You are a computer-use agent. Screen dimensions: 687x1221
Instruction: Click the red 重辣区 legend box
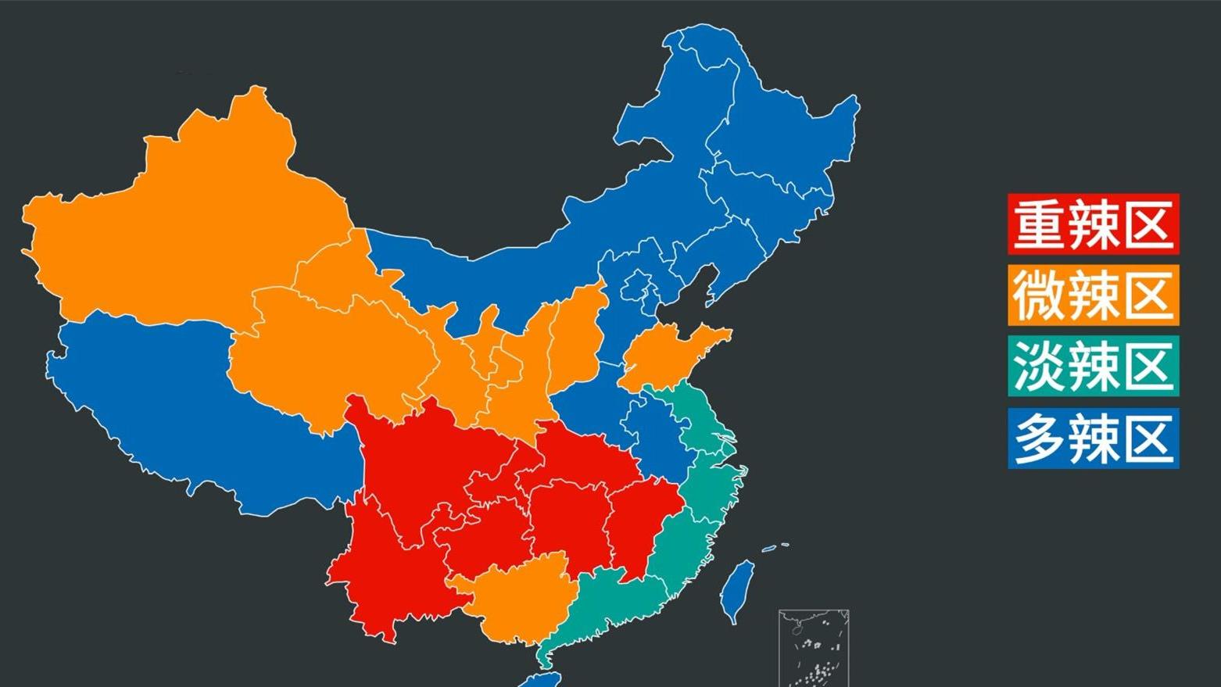[1093, 224]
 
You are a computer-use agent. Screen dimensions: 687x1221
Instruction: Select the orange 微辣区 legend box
[1093, 295]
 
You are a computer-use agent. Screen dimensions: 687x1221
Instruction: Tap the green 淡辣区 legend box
[1093, 367]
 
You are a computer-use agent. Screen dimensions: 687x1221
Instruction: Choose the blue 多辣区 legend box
[1093, 438]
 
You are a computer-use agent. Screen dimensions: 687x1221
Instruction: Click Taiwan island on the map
[736, 590]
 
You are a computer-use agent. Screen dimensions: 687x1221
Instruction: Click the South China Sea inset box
[814, 647]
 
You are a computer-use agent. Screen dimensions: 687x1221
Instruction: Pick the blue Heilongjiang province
[782, 133]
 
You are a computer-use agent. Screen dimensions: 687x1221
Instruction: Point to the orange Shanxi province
[575, 336]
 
